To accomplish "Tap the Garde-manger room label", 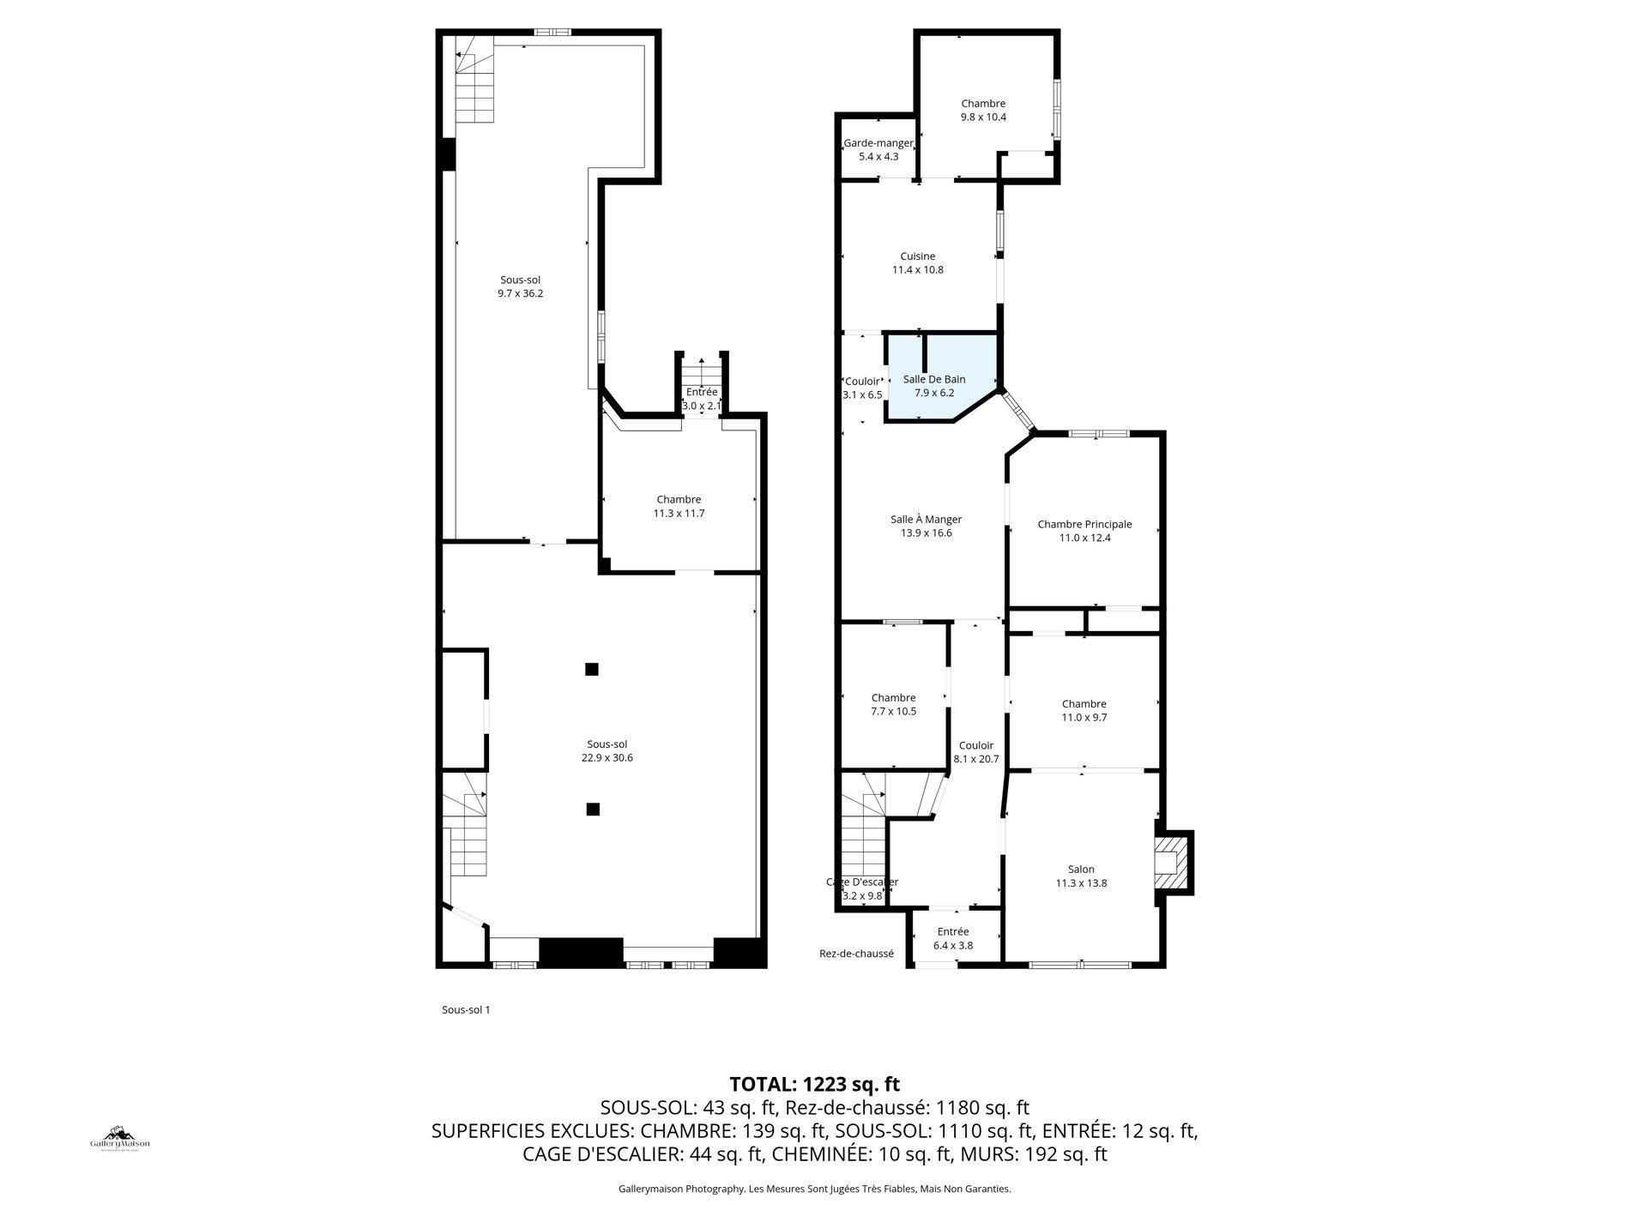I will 878,150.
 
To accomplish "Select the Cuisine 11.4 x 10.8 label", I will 918,262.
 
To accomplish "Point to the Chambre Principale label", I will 1084,531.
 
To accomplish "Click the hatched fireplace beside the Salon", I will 1168,865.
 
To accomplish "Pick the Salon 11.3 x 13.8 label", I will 1081,876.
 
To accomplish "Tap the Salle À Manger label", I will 926,526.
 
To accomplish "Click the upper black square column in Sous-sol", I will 591,669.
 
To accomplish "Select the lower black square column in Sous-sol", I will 592,809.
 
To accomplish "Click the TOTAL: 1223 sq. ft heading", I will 814,1084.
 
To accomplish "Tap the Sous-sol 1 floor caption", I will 466,1009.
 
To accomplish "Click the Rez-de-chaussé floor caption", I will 856,953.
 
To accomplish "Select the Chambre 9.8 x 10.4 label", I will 983,110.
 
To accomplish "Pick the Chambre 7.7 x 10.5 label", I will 894,704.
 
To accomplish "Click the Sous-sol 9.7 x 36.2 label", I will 521,286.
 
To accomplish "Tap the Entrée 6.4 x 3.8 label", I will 953,938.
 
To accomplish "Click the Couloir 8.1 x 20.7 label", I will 976,752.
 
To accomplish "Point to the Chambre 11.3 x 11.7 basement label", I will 679,506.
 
